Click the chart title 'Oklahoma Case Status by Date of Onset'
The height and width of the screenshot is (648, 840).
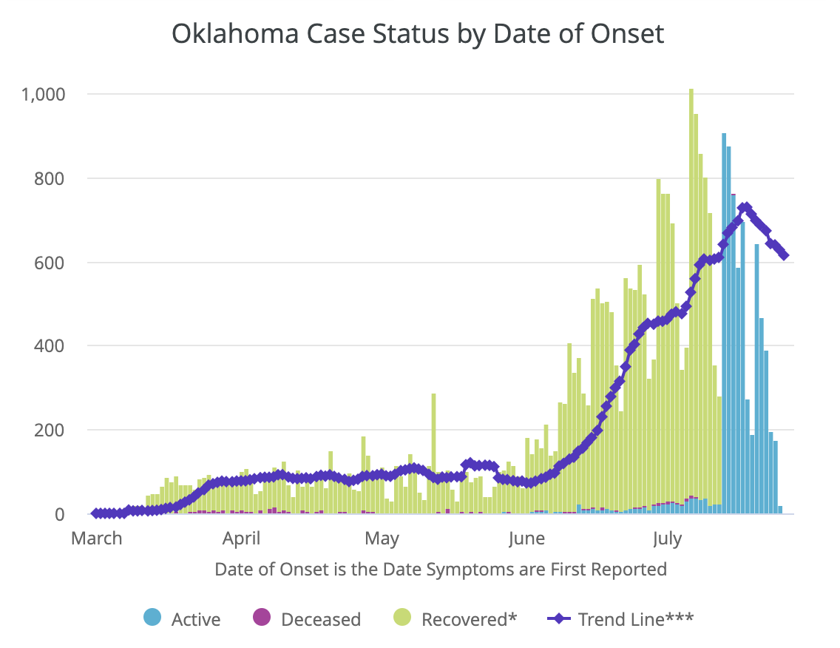418,34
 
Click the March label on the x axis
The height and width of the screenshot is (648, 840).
97,539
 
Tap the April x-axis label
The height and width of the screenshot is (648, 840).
241,539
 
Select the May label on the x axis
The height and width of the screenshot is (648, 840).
382,539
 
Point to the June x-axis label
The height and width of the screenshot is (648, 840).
526,539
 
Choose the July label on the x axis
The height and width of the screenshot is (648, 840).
667,539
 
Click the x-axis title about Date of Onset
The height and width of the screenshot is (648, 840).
441,570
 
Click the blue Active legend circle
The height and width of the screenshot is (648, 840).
153,618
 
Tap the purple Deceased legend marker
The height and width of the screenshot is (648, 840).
262,618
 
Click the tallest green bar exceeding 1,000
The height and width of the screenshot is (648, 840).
691,296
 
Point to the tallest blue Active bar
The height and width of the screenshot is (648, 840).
724,325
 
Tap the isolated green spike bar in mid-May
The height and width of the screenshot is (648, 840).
433,451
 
